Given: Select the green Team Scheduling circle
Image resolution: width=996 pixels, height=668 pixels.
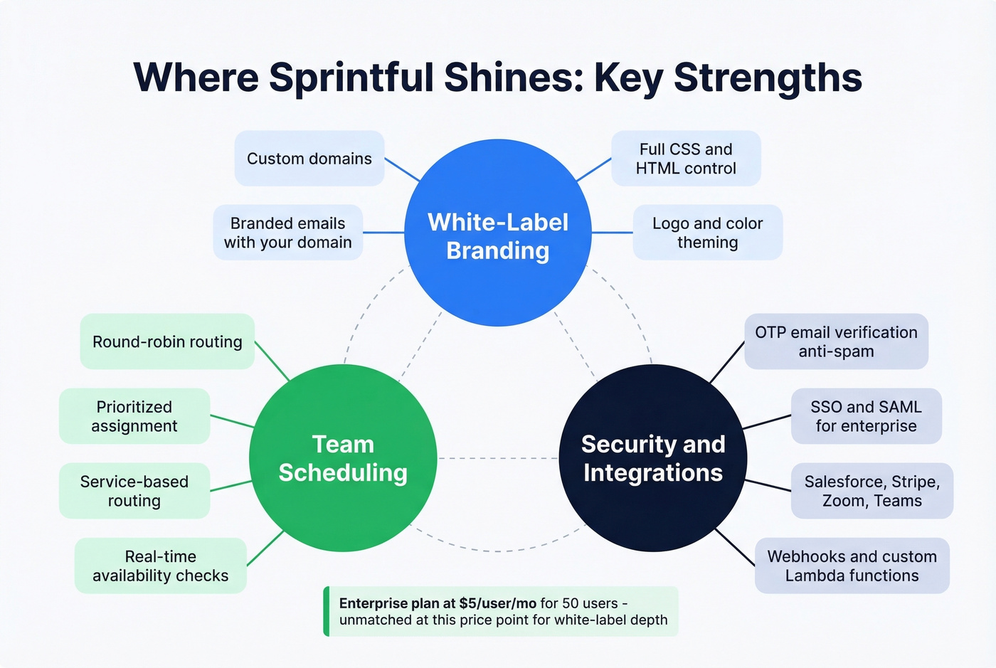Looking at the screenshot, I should point(343,458).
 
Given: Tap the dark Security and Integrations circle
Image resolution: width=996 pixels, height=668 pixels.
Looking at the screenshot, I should point(653,458).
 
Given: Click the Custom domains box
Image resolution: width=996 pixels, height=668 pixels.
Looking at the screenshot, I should point(309,159).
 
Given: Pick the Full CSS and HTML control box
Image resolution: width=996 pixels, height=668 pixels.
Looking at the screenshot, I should point(686,159).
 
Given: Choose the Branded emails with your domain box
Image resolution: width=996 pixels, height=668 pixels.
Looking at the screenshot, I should point(288,233).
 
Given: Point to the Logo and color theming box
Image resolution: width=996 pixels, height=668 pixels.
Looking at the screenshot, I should point(707,233).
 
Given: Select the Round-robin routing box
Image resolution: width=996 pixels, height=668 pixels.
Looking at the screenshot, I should point(167,341).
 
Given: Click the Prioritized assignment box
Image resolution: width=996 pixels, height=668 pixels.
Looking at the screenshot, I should point(134,416).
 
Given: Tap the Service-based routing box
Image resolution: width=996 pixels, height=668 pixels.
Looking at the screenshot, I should point(134,491).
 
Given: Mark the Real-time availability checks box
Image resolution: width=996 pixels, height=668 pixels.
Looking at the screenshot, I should point(161,566).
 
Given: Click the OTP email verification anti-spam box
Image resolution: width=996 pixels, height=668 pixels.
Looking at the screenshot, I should point(836,341).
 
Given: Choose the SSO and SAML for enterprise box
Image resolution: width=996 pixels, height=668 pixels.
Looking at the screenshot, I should point(866,416).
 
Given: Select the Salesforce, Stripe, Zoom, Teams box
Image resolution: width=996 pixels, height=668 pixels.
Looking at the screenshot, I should point(871,491).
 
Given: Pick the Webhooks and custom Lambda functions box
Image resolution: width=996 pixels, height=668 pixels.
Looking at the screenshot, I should point(852,566).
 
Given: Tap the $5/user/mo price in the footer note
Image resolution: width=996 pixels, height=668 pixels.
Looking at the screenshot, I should point(497,603).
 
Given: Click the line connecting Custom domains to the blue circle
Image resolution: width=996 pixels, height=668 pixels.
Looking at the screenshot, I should point(402,170).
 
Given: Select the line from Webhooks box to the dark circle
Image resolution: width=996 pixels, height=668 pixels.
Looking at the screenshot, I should point(735,547).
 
